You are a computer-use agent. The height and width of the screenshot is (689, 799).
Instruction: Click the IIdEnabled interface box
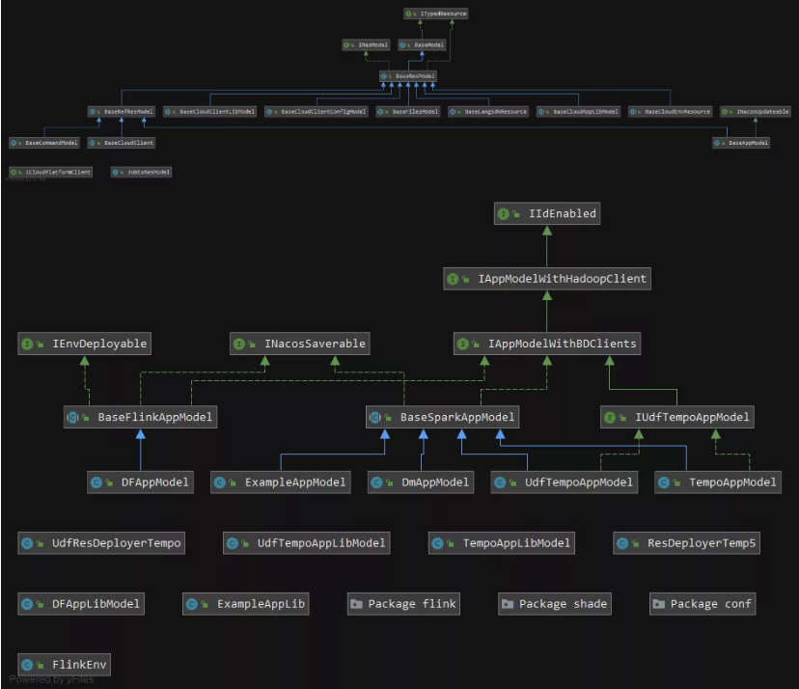click(546, 213)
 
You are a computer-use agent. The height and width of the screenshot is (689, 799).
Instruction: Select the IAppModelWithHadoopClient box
click(547, 279)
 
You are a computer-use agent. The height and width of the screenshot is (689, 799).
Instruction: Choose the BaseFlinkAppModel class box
click(139, 418)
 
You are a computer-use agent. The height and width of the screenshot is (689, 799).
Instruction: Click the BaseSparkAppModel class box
click(443, 418)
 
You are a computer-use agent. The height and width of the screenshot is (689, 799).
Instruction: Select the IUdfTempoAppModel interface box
click(676, 418)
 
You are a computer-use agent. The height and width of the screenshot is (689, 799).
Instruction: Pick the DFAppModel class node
click(140, 482)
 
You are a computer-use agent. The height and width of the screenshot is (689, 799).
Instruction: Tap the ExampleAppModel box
click(280, 482)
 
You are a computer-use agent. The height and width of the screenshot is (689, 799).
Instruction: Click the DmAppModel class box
click(421, 482)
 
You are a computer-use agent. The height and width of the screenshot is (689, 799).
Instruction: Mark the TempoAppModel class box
click(716, 482)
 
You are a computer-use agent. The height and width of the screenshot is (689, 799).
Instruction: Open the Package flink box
click(402, 604)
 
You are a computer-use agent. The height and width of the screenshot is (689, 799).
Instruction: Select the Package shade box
click(554, 604)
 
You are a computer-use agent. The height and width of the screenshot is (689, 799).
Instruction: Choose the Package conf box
click(703, 604)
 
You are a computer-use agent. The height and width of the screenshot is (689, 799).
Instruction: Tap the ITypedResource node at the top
click(437, 14)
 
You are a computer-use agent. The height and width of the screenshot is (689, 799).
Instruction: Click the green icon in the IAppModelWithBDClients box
click(464, 343)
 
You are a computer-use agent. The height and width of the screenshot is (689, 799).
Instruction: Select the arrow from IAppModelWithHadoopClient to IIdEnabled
click(546, 246)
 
